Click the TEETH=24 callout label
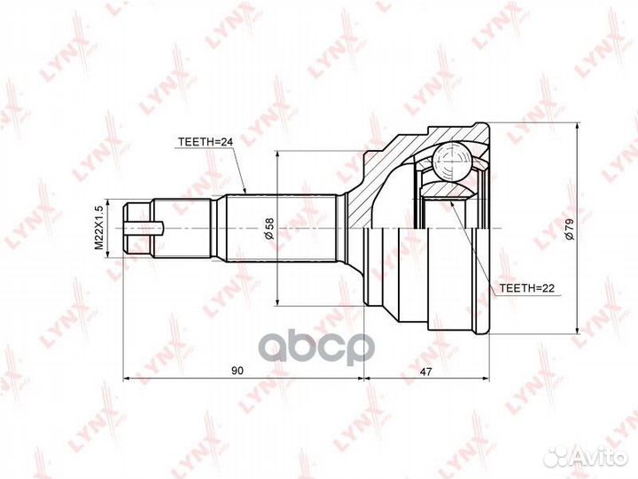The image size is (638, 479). [205, 142]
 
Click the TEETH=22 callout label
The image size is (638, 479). [527, 288]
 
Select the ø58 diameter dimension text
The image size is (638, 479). [269, 229]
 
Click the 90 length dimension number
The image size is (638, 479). [237, 371]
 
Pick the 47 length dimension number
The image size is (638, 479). [425, 371]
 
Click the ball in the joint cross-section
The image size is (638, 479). [452, 161]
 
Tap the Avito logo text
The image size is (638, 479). [598, 458]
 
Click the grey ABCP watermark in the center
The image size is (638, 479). [316, 349]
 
